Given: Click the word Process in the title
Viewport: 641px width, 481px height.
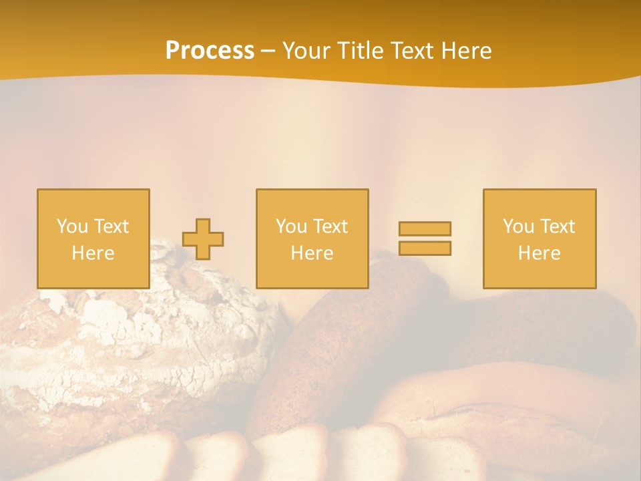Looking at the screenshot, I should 210,51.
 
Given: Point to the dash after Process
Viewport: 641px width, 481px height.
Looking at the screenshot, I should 268,51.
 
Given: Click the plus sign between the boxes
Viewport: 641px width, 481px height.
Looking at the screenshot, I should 203,239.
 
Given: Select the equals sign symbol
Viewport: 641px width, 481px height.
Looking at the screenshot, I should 425,238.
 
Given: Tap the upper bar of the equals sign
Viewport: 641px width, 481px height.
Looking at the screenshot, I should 425,228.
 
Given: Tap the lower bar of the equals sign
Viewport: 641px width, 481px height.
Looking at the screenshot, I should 425,248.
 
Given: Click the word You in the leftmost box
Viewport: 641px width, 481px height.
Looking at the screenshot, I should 72,226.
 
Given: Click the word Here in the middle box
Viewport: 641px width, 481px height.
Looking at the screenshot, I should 312,253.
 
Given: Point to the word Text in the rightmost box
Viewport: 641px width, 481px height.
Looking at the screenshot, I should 559,226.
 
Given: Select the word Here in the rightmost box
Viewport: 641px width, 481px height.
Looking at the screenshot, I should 540,253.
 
